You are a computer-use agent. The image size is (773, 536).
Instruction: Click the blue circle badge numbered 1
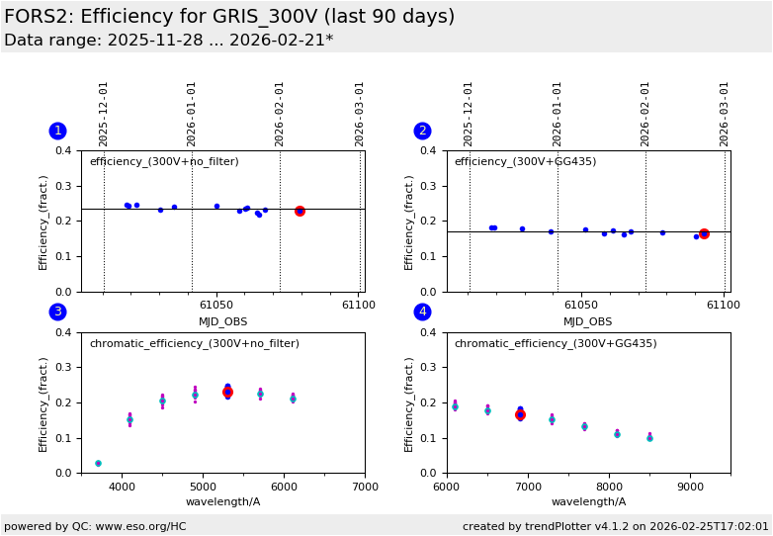tap(57, 131)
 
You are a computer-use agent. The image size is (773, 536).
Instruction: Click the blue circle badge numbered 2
tap(422, 131)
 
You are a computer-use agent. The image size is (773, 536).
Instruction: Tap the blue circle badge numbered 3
tap(57, 312)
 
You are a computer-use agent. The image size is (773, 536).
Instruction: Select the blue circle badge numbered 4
tap(422, 312)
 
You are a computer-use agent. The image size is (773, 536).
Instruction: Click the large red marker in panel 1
tap(300, 211)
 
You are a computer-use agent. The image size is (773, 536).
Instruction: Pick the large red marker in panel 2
tap(704, 234)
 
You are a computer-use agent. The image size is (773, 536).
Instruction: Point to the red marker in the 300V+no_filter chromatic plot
tap(227, 393)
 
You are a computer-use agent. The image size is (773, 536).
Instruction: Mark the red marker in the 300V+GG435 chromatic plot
tap(520, 414)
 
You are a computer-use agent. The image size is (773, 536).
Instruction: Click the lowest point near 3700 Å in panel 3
tap(98, 463)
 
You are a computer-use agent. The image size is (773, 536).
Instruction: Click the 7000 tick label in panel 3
tap(365, 487)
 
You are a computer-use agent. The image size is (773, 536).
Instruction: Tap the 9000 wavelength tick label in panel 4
tap(690, 487)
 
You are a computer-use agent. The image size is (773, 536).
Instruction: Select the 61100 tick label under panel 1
tap(359, 306)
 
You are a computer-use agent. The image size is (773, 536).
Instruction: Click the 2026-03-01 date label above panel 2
tap(725, 114)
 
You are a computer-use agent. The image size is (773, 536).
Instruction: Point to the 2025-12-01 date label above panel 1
tap(104, 114)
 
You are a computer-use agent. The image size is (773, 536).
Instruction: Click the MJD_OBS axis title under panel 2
tap(588, 321)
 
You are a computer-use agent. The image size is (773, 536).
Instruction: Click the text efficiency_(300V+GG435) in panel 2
tap(525, 162)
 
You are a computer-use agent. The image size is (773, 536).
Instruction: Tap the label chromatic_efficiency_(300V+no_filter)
tap(194, 344)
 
